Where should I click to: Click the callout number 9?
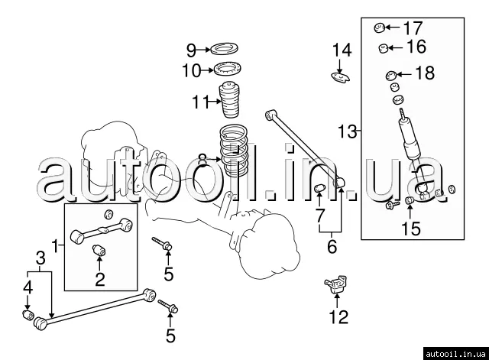pos(191,50)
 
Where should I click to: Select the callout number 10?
pos(191,71)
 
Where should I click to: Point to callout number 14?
pos(342,51)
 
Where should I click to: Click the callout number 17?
pos(413,28)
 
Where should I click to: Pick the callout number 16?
pos(416,47)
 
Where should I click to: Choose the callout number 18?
pos(423,73)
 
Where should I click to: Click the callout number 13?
pos(348,131)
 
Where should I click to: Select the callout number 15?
pos(411,228)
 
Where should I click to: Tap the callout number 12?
pos(337,316)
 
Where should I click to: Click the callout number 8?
pos(202,159)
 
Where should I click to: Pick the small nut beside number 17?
pos(378,28)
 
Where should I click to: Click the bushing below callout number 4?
pos(27,315)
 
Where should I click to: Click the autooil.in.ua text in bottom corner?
pos(455,352)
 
